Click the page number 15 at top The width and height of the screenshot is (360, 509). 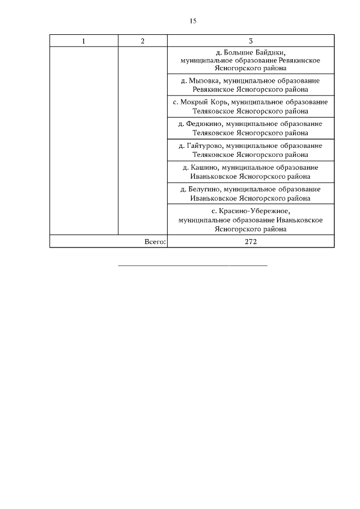coord(192,21)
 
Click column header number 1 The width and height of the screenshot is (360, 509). coord(84,41)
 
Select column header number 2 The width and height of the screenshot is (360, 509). coord(142,41)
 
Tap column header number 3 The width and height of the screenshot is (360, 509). coord(250,41)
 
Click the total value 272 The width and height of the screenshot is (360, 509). coord(250,242)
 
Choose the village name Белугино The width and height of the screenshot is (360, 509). coord(203,189)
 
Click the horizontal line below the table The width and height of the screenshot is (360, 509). coord(192,264)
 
